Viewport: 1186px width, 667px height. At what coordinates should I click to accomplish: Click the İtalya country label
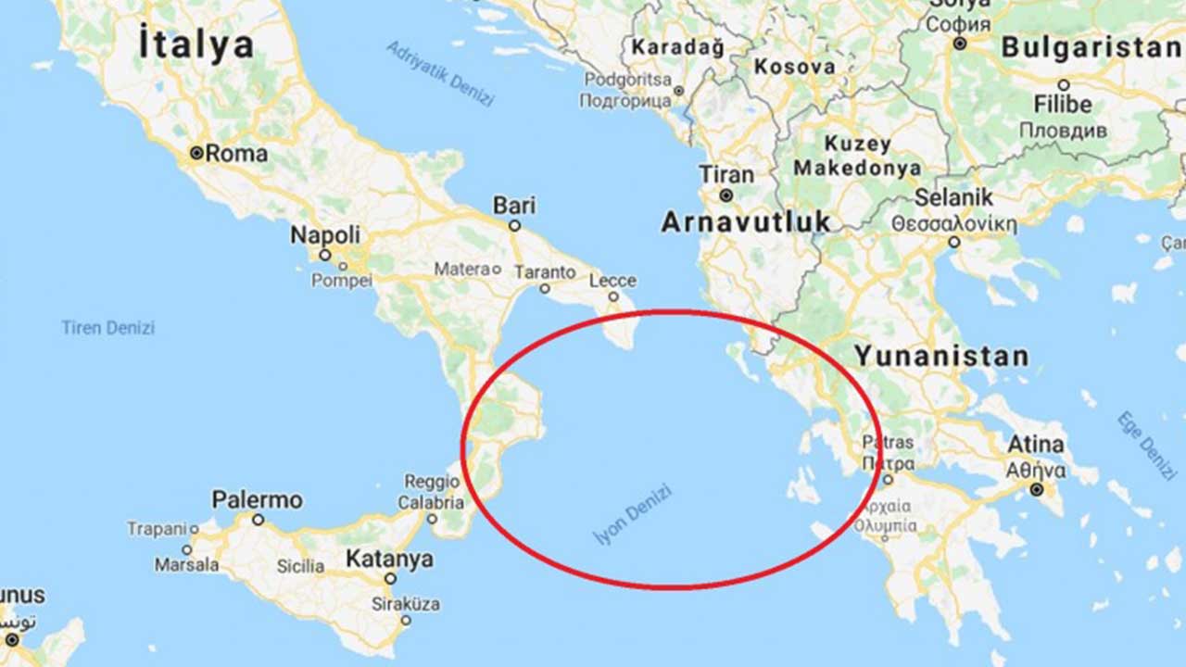pyautogui.click(x=196, y=45)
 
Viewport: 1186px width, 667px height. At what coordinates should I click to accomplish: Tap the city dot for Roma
pyautogui.click(x=196, y=153)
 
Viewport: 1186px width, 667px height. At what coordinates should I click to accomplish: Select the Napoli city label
pyautogui.click(x=325, y=235)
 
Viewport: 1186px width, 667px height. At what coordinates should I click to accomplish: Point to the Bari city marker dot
pyautogui.click(x=515, y=225)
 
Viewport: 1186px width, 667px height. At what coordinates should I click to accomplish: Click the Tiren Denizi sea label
pyautogui.click(x=108, y=327)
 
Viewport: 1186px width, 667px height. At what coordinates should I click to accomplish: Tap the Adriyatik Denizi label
pyautogui.click(x=440, y=74)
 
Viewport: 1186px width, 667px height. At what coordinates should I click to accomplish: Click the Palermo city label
pyautogui.click(x=258, y=500)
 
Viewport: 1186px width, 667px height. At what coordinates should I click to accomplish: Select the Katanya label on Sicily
pyautogui.click(x=389, y=560)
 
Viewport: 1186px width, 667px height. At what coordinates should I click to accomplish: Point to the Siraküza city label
pyautogui.click(x=405, y=604)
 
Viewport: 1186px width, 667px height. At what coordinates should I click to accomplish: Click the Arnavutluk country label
pyautogui.click(x=746, y=221)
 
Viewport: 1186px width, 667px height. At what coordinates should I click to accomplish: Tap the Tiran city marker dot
pyautogui.click(x=727, y=195)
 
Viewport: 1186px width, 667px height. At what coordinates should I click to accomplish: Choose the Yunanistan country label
pyautogui.click(x=941, y=356)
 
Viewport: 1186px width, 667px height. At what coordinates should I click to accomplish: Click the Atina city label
pyautogui.click(x=1036, y=444)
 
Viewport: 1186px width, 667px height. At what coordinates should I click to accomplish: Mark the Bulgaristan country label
pyautogui.click(x=1091, y=47)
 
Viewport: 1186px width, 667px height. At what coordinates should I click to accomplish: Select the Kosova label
pyautogui.click(x=794, y=67)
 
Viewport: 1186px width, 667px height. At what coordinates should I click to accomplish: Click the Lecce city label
pyautogui.click(x=612, y=281)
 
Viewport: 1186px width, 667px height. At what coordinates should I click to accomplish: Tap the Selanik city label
pyautogui.click(x=953, y=197)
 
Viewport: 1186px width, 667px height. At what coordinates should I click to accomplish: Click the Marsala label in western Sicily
pyautogui.click(x=187, y=564)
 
